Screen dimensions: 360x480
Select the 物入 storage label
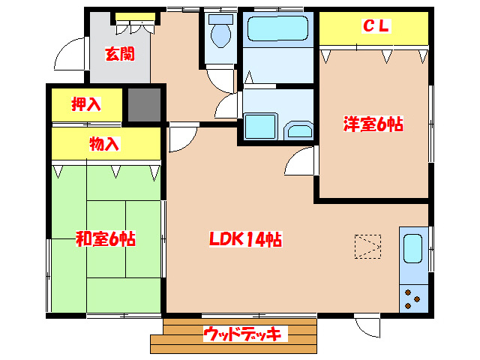[x=104, y=143]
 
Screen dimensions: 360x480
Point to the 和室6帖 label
[x=105, y=239]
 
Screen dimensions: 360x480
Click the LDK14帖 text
[x=244, y=239]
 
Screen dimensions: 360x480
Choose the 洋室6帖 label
[x=373, y=125]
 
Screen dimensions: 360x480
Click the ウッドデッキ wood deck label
[x=241, y=333]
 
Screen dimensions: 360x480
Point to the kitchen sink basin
[x=413, y=248]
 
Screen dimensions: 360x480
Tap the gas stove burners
[x=412, y=298]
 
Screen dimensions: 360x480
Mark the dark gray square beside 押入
[x=144, y=105]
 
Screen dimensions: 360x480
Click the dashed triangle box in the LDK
[x=367, y=244]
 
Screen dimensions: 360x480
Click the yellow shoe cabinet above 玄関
[x=136, y=16]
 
